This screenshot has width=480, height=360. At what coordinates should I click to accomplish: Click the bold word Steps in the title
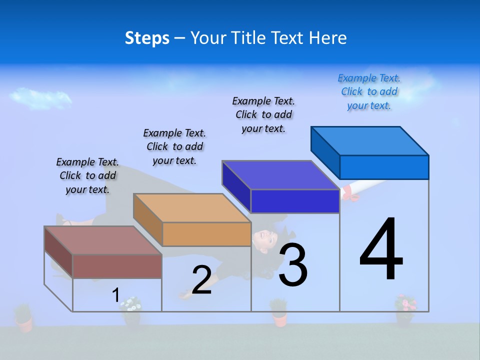pos(147,38)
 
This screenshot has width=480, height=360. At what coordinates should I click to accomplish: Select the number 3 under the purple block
pos(292,265)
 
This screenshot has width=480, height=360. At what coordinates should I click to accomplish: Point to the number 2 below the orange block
pos(201,280)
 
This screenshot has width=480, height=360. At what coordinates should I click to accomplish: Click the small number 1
pos(115,295)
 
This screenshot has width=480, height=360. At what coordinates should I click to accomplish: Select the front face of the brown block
pos(117,266)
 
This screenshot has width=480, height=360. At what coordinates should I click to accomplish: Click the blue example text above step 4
pos(369,92)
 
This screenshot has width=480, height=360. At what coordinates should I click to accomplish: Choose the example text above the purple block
pos(263,115)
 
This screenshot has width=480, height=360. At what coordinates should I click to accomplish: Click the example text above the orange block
pos(174,147)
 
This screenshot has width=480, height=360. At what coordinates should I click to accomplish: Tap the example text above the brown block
pos(87,176)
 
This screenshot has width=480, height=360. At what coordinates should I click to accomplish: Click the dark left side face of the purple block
pos(236,186)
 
